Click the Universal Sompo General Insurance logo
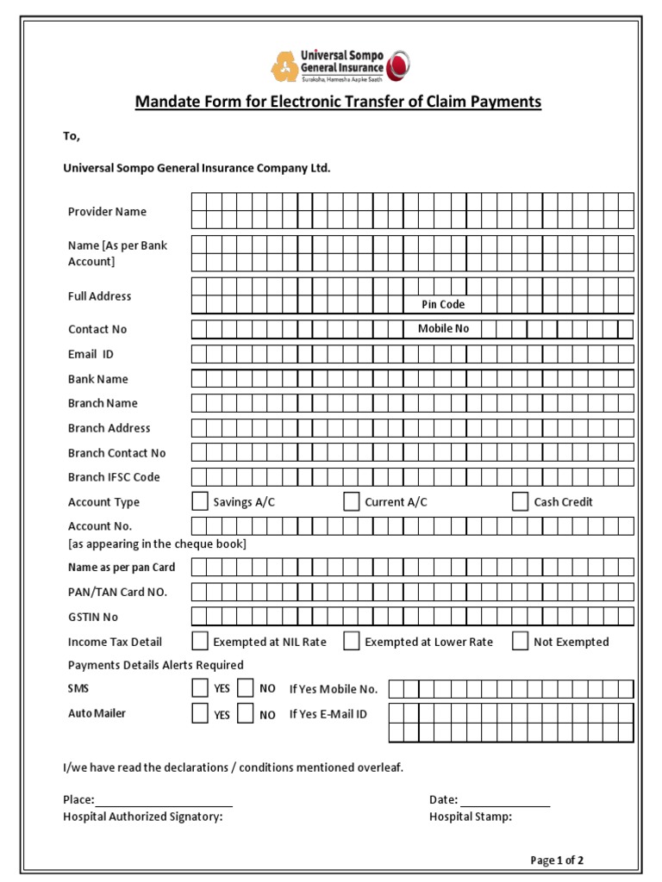coord(340,65)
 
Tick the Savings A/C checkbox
coord(200,502)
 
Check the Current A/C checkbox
coord(351,502)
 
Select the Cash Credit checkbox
coord(520,502)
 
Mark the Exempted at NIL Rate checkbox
coord(200,641)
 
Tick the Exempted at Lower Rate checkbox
coord(351,641)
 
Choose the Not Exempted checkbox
coord(520,641)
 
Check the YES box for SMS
coord(200,688)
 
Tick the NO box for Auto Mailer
coord(246,714)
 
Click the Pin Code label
coord(443,304)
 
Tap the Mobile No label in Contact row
coord(443,328)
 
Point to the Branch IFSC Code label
coord(114,477)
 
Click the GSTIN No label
coord(93,617)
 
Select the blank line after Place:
coord(164,800)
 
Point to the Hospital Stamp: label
coord(470,817)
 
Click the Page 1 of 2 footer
coord(557,860)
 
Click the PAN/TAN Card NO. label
coord(117,592)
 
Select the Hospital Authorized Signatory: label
coord(142,817)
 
